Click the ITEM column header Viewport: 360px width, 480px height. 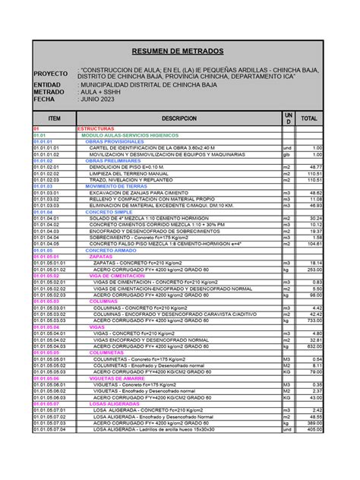[54, 119]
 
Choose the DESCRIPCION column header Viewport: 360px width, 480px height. [178, 119]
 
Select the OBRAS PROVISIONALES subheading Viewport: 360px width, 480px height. [114, 142]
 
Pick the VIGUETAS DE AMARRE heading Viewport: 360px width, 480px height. [119, 378]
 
